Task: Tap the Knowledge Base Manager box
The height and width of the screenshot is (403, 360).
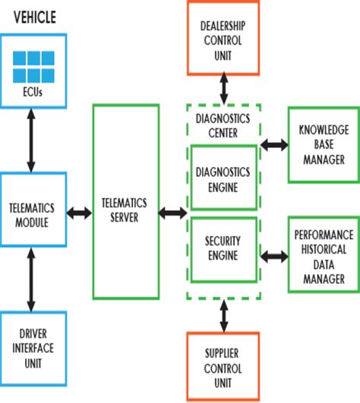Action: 323,145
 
